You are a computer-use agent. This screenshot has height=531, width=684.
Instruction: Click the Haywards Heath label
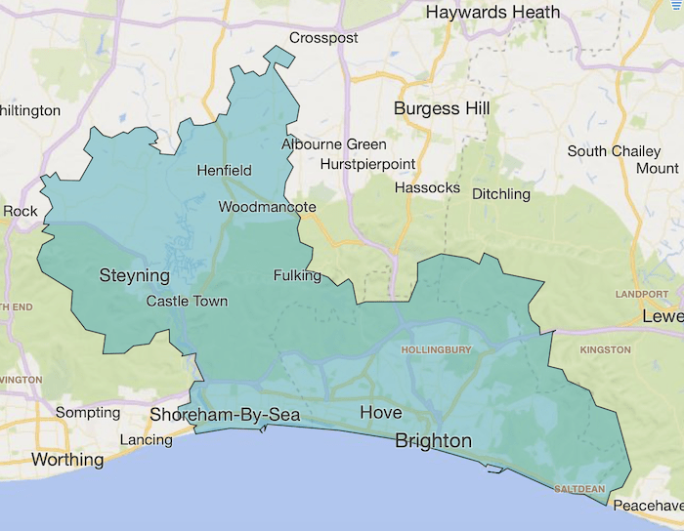click(493, 13)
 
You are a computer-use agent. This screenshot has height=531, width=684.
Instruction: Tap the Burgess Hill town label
click(442, 108)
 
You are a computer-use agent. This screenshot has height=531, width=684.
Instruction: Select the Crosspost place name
click(323, 38)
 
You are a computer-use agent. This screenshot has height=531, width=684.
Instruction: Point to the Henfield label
click(224, 170)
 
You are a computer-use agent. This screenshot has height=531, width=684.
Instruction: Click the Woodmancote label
click(267, 207)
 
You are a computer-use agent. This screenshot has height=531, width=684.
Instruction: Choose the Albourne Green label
click(321, 144)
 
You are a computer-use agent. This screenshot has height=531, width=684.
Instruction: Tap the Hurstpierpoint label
click(367, 163)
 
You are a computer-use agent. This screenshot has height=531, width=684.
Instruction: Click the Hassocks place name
click(427, 186)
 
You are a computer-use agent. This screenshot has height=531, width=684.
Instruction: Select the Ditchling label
click(500, 193)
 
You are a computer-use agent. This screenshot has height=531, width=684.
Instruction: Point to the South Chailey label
click(615, 151)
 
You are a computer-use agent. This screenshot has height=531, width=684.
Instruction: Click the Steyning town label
click(135, 276)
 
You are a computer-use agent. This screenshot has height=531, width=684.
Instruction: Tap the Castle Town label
click(187, 301)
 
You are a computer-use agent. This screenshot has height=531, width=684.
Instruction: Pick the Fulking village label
click(297, 275)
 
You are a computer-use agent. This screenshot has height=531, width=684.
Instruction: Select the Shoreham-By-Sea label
click(224, 416)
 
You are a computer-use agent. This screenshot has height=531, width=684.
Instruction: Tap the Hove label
click(380, 413)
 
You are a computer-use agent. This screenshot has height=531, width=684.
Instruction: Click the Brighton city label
click(433, 441)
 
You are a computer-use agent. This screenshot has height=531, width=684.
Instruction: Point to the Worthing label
click(67, 459)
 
